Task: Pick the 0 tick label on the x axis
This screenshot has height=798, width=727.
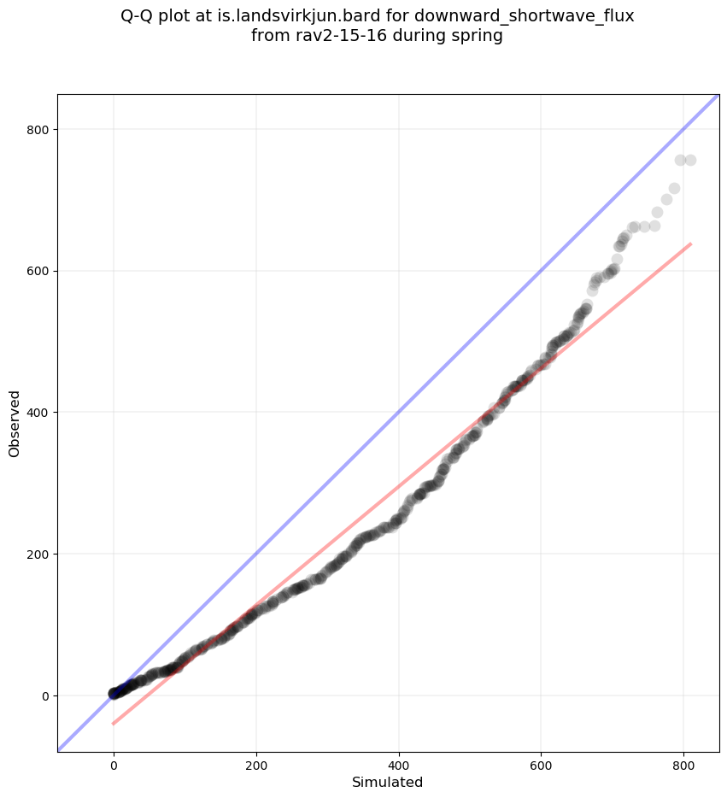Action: click(114, 765)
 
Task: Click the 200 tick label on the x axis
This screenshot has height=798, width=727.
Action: click(256, 765)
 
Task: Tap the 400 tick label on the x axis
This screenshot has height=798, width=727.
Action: click(399, 765)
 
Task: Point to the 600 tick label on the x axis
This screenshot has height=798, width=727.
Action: click(541, 765)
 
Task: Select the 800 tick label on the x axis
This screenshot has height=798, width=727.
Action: click(683, 765)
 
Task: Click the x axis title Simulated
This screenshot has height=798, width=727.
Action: click(388, 782)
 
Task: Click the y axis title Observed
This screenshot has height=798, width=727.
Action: click(15, 423)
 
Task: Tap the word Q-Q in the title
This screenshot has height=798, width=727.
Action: click(140, 16)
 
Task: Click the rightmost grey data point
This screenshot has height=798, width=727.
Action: click(690, 160)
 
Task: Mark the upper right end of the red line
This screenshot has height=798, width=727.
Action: click(690, 244)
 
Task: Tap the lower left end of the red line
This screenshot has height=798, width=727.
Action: click(113, 724)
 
